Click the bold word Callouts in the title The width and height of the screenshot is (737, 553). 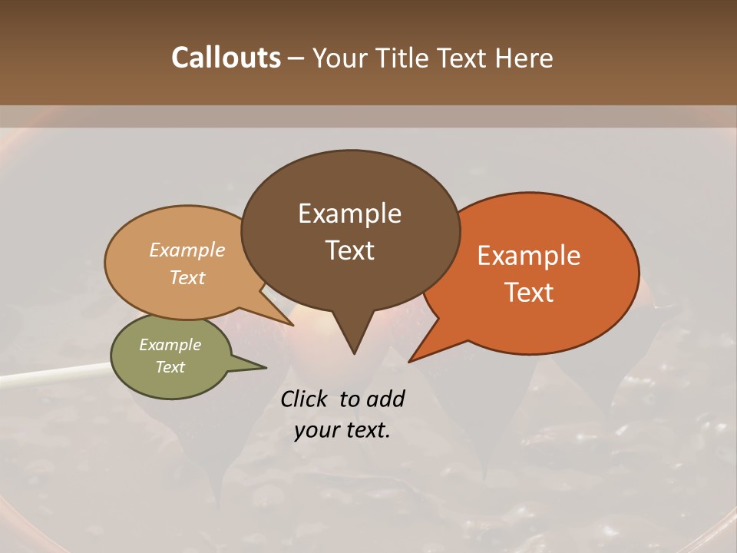[226, 58]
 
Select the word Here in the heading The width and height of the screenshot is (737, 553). [524, 58]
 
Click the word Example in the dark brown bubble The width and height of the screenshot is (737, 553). [349, 214]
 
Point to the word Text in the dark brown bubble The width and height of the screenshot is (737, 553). [349, 250]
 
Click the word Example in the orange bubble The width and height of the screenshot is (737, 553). [529, 256]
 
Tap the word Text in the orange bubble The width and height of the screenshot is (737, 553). [529, 293]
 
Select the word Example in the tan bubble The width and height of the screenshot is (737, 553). [187, 250]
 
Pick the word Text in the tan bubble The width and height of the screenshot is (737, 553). [187, 277]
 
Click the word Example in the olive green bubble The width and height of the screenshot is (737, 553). [170, 345]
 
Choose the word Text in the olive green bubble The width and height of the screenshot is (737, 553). [170, 367]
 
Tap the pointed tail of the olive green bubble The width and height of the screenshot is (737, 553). [253, 366]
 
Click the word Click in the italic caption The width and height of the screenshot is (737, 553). [306, 399]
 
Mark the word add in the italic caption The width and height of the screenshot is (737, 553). [385, 399]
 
